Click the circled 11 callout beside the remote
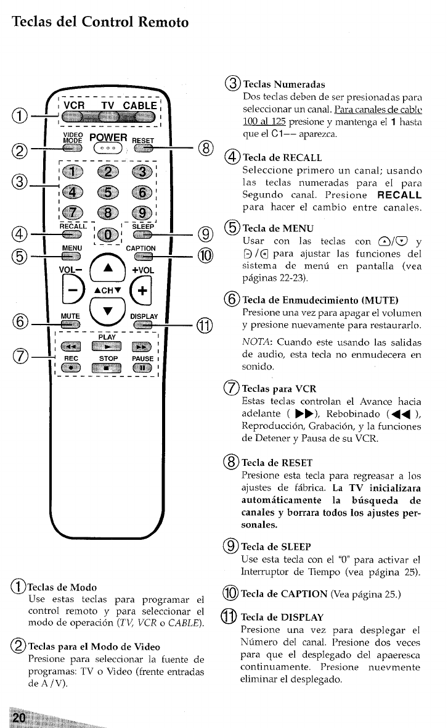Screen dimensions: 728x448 pyautogui.click(x=206, y=326)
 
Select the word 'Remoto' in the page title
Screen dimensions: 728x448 pyautogui.click(x=163, y=22)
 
